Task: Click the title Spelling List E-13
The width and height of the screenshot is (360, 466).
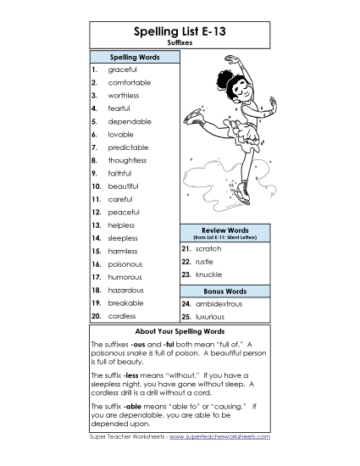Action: tap(180, 31)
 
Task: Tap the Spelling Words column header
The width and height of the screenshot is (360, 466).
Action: tap(136, 57)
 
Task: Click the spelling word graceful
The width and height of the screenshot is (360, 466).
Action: tap(123, 69)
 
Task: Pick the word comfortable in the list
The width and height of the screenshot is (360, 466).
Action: tap(130, 82)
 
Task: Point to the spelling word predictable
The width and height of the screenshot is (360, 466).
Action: tap(128, 147)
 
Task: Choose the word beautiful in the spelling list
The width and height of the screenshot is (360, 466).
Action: tap(124, 186)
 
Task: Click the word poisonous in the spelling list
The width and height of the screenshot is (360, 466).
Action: tap(125, 264)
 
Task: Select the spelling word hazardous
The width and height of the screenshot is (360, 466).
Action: tap(126, 290)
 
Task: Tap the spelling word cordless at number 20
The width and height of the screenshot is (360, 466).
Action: tap(123, 315)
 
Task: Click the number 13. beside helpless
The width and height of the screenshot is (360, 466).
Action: tap(97, 225)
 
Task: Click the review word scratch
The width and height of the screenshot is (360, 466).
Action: tap(208, 249)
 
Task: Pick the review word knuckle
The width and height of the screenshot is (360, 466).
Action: tap(208, 275)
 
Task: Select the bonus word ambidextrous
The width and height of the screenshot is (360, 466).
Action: tap(219, 302)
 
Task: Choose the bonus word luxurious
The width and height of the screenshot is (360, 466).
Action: tap(212, 315)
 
